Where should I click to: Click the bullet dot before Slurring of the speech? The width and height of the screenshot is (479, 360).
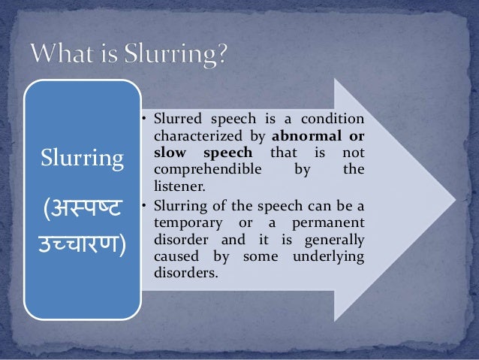point(144,204)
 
